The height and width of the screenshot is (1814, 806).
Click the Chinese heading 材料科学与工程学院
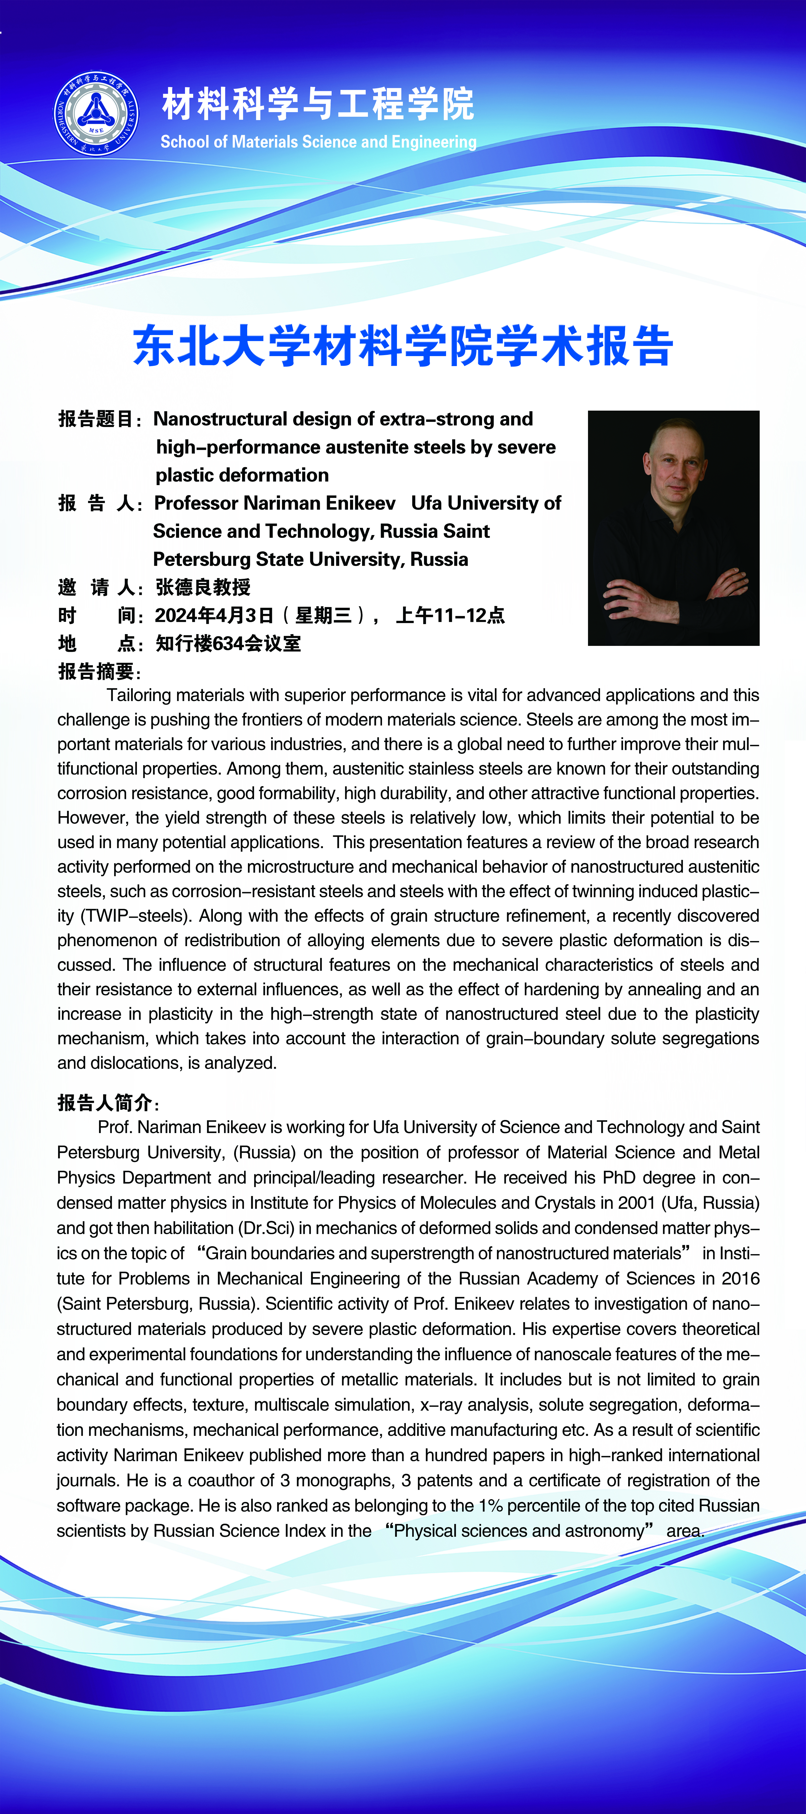pyautogui.click(x=318, y=103)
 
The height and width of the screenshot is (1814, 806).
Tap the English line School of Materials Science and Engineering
pyautogui.click(x=318, y=142)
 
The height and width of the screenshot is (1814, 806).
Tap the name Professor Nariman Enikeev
pyautogui.click(x=275, y=503)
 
